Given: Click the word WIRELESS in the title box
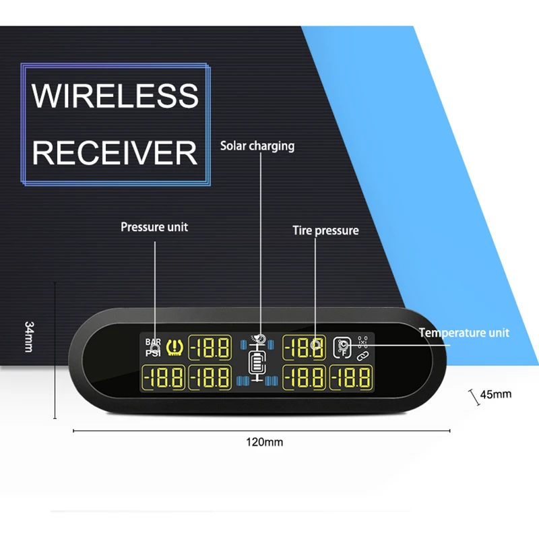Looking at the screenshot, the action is (x=115, y=96).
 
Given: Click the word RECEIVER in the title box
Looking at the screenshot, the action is (x=115, y=153).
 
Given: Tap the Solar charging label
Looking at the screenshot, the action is (x=257, y=146).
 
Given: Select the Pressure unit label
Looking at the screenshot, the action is (x=154, y=227).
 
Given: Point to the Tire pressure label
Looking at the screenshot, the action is (x=325, y=230).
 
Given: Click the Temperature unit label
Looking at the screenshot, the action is (x=464, y=333).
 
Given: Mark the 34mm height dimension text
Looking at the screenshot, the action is (x=29, y=338).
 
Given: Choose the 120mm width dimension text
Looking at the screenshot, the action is (x=265, y=443).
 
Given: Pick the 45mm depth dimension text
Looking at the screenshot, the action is (x=495, y=394).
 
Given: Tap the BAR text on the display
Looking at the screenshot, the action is (x=154, y=342).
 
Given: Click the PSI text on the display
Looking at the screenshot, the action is (x=154, y=352).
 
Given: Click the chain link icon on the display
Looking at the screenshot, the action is (x=362, y=355).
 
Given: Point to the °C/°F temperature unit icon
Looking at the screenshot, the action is (x=342, y=346).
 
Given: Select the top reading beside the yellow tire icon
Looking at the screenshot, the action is (x=210, y=348).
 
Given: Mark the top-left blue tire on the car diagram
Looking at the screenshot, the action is (x=244, y=345).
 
